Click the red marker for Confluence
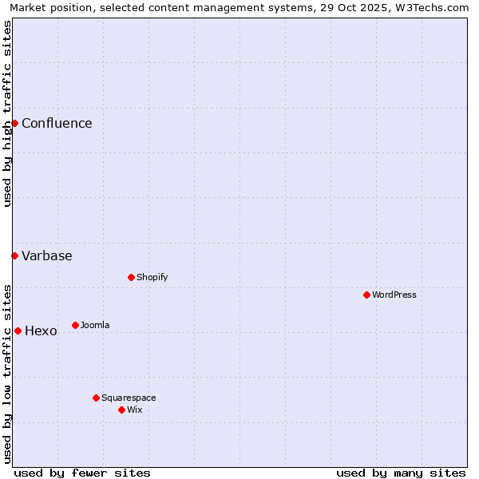14,123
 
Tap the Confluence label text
57,123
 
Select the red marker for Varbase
14,255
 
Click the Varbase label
47,255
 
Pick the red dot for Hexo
18,331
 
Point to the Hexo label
41,331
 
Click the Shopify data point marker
131,277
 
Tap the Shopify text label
152,277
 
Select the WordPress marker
366,295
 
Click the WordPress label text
394,295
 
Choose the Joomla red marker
75,325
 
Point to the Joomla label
95,325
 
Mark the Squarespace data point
96,398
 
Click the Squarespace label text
129,398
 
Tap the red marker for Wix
121,410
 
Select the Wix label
135,410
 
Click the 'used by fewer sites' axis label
82,473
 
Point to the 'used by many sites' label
401,473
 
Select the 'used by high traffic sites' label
7,113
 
